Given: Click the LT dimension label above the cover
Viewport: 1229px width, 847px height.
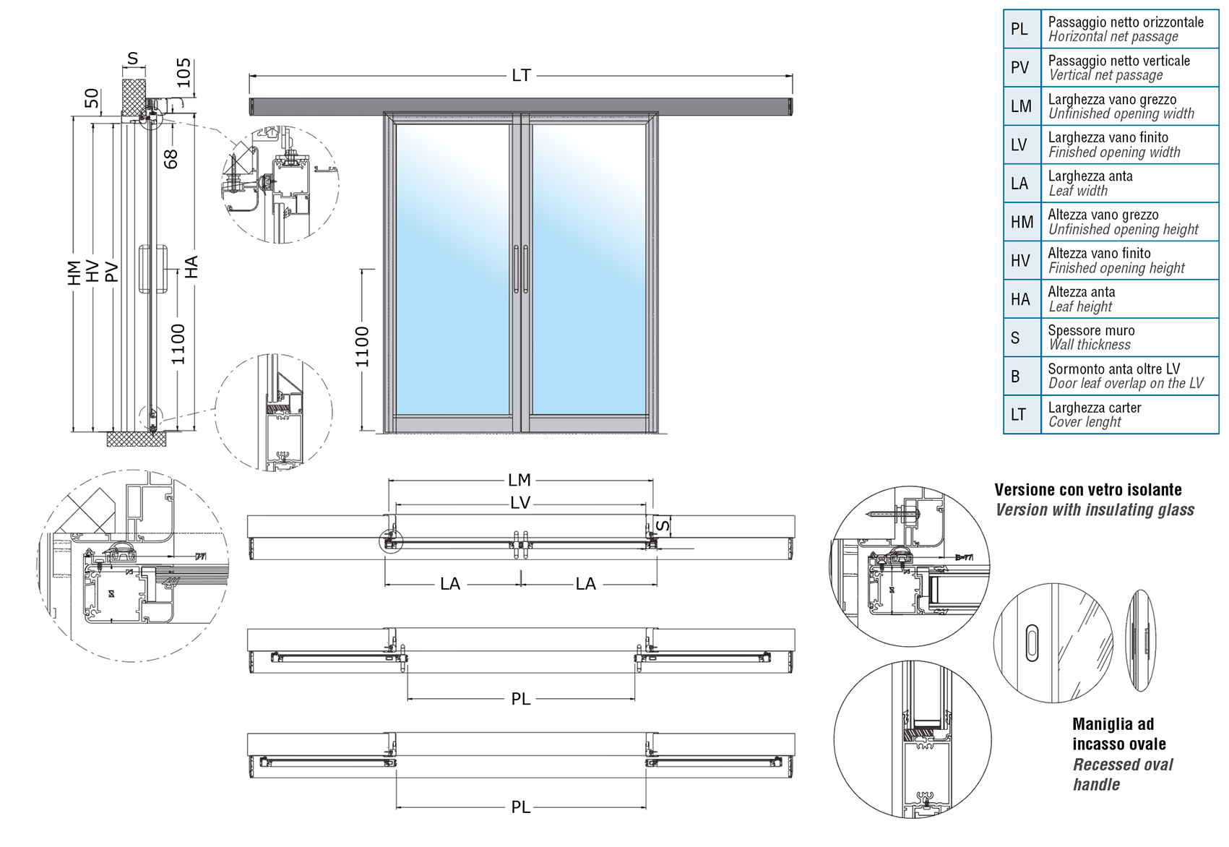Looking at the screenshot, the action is [521, 75].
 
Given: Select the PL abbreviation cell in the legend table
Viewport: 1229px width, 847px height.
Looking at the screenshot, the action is [1022, 29].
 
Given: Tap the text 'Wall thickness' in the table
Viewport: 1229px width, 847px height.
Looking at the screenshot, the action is [1089, 345].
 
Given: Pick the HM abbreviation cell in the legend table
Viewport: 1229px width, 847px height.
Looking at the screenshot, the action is [1022, 222].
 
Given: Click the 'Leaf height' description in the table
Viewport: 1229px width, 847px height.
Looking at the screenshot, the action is [1080, 306].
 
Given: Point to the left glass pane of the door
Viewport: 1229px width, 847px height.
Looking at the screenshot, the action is [452, 269].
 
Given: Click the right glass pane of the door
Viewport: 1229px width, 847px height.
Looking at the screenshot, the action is [589, 269].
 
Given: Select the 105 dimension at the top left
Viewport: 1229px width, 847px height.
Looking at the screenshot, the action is [184, 72].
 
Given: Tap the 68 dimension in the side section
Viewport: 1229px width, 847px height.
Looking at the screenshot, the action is [171, 159].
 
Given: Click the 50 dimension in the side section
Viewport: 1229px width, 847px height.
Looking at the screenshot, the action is [92, 98].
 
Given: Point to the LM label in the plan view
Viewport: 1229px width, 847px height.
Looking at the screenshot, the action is [519, 481].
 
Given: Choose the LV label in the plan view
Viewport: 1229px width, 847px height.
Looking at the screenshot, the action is [520, 503].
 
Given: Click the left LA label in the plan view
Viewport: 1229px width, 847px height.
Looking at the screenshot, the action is [450, 583].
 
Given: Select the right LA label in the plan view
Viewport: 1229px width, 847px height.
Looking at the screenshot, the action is [585, 583].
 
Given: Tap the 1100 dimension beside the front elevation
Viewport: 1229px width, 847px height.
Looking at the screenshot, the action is [362, 346].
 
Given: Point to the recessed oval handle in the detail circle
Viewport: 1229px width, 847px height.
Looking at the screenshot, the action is [1032, 642].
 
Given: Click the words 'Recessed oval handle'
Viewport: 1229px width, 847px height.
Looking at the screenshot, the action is [1123, 775].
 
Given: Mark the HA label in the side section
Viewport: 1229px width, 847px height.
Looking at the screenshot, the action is [191, 267].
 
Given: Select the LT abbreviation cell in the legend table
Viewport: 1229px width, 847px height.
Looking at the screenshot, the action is [1022, 414].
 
